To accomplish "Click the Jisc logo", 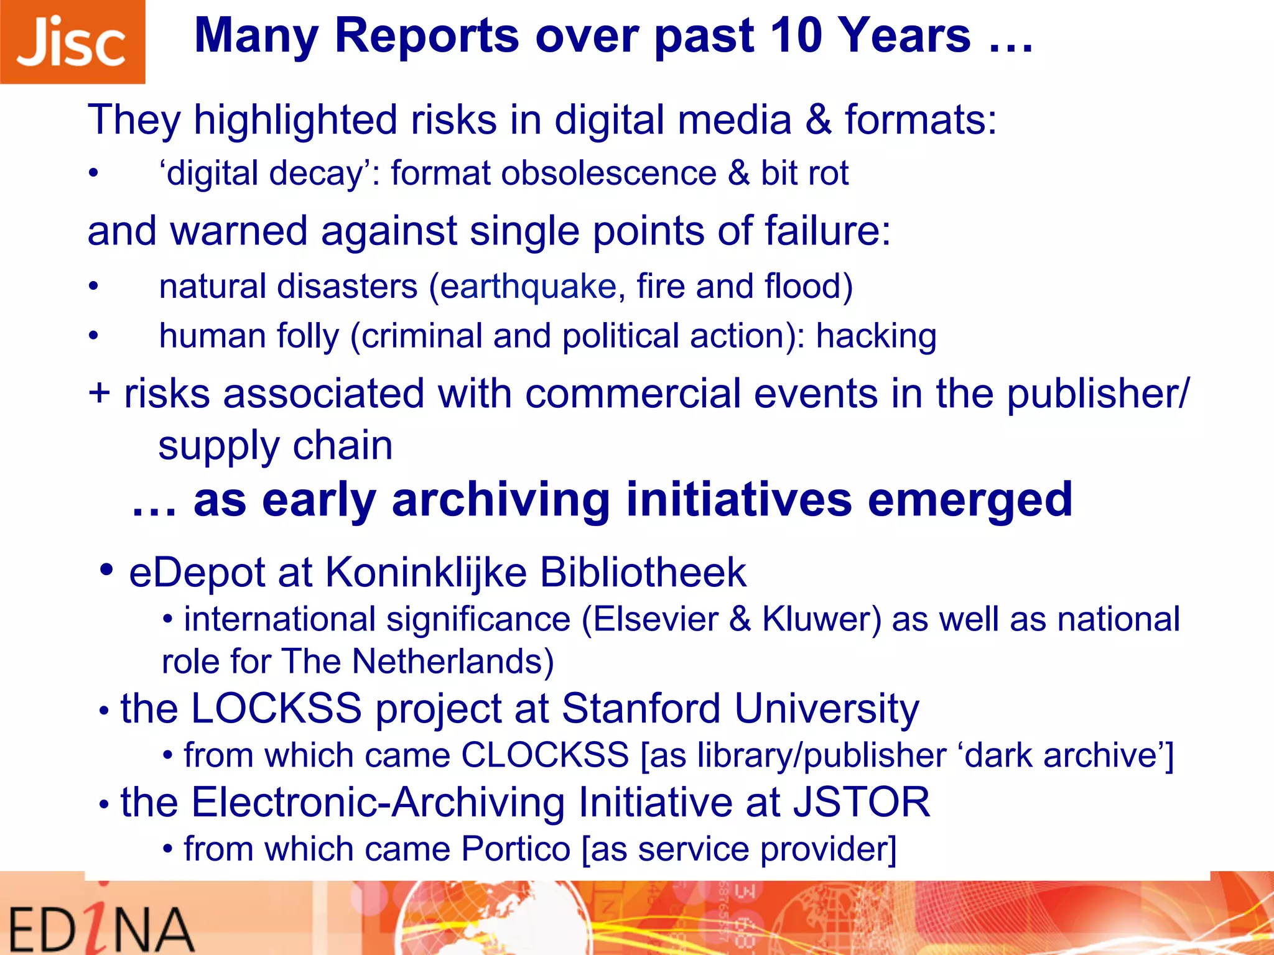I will point(72,42).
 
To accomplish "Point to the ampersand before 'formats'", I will point(818,119).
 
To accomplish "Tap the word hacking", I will point(876,336).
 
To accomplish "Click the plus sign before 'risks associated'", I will point(100,394).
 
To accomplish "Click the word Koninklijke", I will point(425,573).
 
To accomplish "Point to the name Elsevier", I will point(656,619).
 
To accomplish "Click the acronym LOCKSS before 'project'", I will point(276,708).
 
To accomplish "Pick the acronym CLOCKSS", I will point(545,755).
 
